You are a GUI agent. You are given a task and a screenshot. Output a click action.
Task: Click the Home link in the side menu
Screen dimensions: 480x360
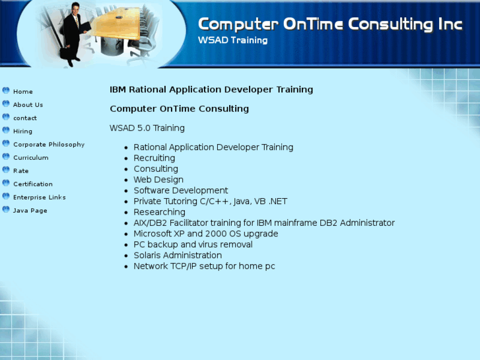pos(23,92)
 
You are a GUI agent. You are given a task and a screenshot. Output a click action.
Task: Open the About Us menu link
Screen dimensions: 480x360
pos(28,105)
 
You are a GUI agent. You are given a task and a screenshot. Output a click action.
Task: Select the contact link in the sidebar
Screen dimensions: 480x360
pos(25,118)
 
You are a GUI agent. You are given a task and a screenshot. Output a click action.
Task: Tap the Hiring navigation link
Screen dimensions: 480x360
pos(22,131)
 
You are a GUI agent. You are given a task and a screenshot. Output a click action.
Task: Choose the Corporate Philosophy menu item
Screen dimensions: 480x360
pos(49,144)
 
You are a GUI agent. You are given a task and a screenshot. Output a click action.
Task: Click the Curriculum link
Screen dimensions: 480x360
pos(30,157)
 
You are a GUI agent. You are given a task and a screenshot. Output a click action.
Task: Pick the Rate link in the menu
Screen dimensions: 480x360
pos(21,170)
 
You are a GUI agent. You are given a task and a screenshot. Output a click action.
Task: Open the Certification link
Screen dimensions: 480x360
pos(33,184)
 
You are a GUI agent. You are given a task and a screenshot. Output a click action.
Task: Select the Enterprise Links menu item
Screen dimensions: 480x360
pos(39,197)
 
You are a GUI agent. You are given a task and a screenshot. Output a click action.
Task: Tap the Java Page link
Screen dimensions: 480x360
pos(30,211)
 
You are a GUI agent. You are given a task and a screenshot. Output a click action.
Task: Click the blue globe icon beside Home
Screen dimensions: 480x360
pos(6,90)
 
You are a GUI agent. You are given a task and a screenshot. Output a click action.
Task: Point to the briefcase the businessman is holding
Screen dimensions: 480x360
pos(65,52)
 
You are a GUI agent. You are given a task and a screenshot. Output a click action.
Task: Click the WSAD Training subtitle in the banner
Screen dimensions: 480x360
pos(232,40)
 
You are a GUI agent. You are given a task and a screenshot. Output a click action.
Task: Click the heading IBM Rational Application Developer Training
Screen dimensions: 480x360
pos(211,89)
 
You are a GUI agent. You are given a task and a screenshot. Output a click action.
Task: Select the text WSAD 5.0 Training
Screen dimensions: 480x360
pos(147,127)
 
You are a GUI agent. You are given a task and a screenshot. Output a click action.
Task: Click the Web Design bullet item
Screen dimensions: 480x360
pos(158,180)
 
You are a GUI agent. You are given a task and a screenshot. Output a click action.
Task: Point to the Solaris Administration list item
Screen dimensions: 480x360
pos(178,255)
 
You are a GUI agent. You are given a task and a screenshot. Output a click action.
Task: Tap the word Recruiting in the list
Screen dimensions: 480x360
pos(154,158)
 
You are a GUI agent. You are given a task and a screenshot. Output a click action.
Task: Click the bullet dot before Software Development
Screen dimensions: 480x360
pos(126,191)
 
